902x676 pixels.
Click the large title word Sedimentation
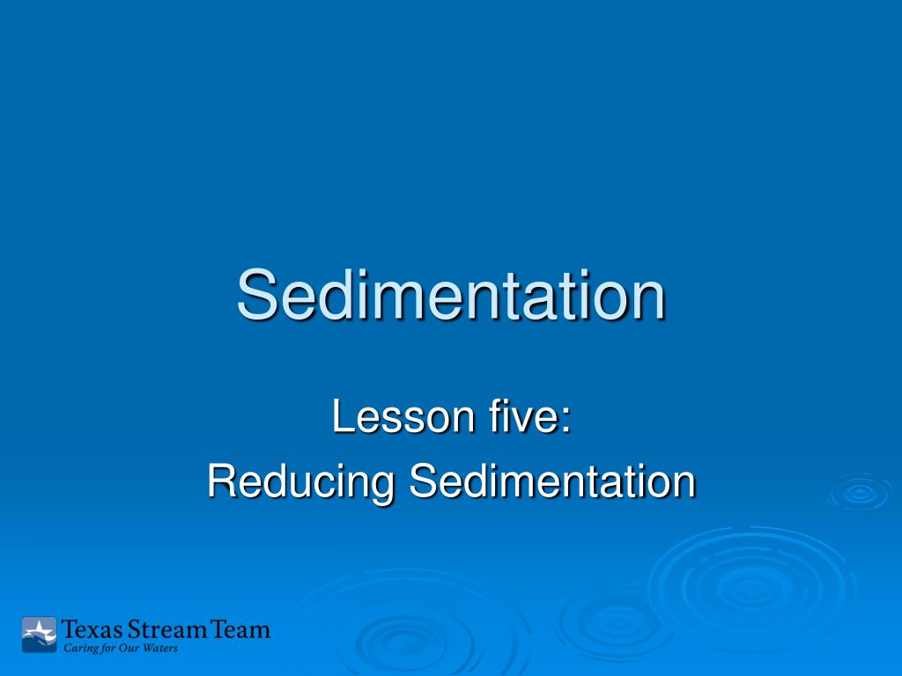(x=451, y=296)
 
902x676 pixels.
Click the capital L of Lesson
(x=341, y=417)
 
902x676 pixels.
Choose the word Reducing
(x=300, y=483)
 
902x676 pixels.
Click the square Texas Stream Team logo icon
(x=39, y=635)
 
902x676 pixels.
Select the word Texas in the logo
(x=92, y=630)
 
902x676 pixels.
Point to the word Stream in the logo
(x=169, y=630)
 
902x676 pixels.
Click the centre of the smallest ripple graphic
(x=860, y=492)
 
